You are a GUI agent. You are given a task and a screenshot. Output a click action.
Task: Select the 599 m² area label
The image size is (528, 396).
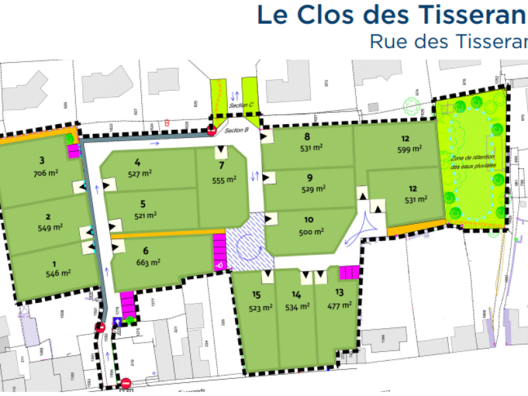409,150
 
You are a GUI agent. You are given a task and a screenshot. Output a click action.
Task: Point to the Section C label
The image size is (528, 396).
241,106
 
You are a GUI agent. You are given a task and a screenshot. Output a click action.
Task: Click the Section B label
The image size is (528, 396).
236,131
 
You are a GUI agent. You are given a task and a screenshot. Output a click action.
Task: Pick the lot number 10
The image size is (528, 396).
308,220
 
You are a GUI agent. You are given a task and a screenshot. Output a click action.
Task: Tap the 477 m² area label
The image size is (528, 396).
340,305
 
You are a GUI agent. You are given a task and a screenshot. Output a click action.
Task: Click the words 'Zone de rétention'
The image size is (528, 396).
472,158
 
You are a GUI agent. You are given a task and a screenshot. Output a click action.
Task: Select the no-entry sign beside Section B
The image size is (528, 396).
212,131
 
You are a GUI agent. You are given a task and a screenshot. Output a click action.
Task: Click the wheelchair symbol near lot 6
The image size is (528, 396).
219,265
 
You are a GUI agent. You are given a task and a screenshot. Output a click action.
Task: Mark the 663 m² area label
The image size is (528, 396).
149,262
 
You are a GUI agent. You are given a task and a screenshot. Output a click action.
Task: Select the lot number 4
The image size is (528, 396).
137,162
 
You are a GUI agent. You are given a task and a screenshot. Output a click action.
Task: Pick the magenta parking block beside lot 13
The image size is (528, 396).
348,272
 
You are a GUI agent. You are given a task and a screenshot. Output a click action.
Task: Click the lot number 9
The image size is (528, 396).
309,178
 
